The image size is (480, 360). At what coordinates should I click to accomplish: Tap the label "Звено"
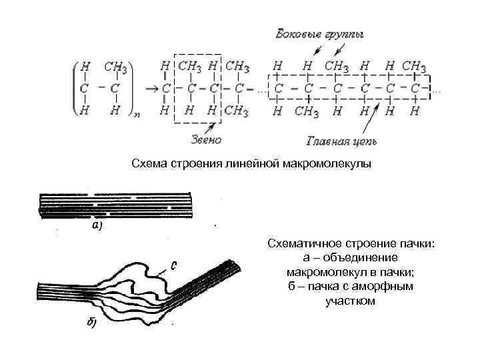click(x=205, y=140)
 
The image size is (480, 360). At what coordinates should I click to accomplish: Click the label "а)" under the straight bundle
click(x=96, y=225)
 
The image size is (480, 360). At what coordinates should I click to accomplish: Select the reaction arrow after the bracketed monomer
click(x=151, y=87)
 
